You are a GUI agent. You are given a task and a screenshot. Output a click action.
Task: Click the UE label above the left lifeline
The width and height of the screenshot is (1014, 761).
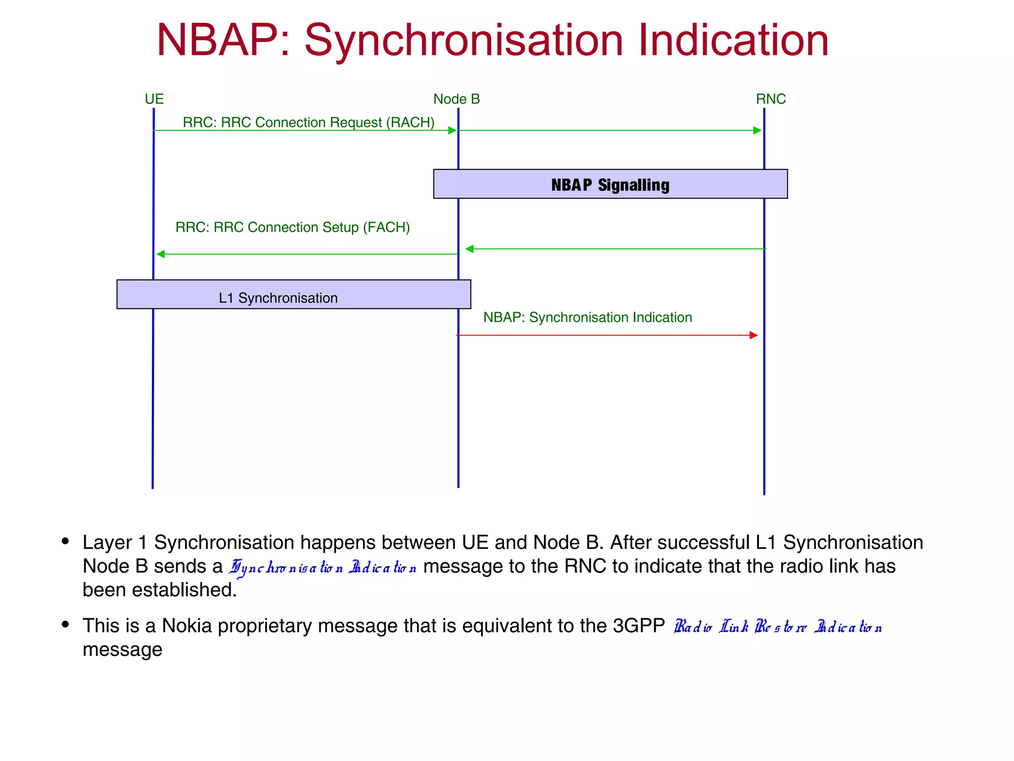click(x=154, y=99)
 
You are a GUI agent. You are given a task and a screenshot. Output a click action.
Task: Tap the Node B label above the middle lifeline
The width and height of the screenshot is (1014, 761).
click(x=456, y=99)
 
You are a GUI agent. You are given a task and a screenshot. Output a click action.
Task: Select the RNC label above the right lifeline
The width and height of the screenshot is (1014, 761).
click(x=770, y=99)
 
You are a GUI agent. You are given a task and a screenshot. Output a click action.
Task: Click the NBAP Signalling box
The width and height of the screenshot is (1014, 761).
click(x=610, y=184)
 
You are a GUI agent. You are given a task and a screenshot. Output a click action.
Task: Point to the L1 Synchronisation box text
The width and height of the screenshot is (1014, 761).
click(x=278, y=298)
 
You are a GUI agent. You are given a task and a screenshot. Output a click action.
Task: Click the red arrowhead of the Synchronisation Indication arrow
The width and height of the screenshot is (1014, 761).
click(x=754, y=335)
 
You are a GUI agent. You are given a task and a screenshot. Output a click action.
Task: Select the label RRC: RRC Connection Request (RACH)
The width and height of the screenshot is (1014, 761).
click(x=308, y=122)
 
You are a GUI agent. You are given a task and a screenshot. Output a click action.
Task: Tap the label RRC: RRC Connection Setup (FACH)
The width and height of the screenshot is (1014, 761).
click(x=293, y=227)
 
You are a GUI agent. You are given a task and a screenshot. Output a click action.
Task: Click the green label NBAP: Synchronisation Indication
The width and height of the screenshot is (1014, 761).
click(x=587, y=318)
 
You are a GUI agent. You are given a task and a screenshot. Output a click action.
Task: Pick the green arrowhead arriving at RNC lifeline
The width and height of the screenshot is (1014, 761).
click(x=757, y=130)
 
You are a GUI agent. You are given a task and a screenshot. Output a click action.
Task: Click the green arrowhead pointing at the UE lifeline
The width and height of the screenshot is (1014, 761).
click(x=160, y=254)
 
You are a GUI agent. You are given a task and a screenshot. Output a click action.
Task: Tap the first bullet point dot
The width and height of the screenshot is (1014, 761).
click(x=65, y=541)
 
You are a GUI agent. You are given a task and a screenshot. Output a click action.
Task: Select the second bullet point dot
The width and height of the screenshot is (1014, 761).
click(x=65, y=624)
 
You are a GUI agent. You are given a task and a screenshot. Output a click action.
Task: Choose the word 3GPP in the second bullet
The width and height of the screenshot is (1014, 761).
click(x=638, y=626)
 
